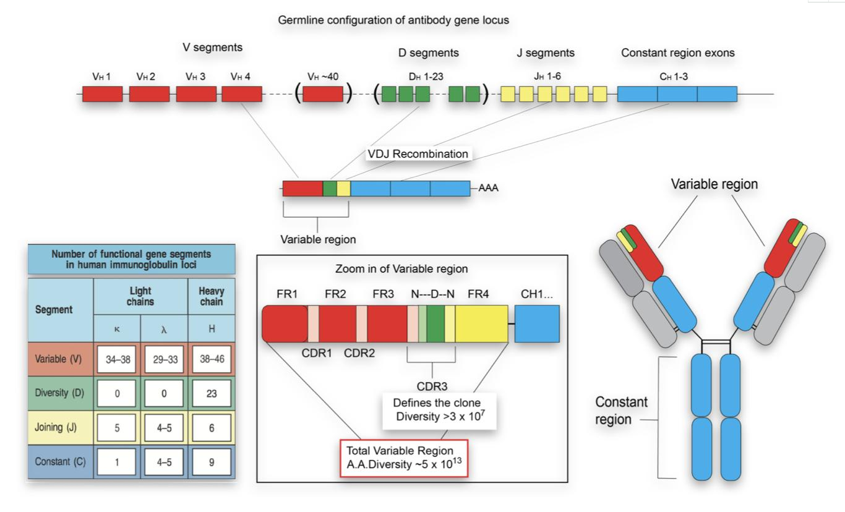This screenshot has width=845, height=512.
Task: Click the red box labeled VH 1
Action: pos(102,94)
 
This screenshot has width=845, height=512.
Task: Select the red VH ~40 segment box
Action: pos(322,94)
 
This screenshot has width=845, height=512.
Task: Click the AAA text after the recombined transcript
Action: pos(488,189)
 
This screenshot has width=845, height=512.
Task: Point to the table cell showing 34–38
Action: pos(117,359)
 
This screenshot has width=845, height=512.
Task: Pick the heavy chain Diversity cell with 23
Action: pos(211,393)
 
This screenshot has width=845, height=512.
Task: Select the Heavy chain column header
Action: pos(212,296)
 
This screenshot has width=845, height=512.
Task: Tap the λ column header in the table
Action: pos(164,329)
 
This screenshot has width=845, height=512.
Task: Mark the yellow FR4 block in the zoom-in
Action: pos(481,323)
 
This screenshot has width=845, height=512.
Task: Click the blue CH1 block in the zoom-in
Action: pos(537,323)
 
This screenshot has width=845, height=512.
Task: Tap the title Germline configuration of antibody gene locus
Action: pos(393,20)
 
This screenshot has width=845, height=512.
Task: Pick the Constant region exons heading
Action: pos(677,53)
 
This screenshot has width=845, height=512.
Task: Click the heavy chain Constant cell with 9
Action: pos(211,461)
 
